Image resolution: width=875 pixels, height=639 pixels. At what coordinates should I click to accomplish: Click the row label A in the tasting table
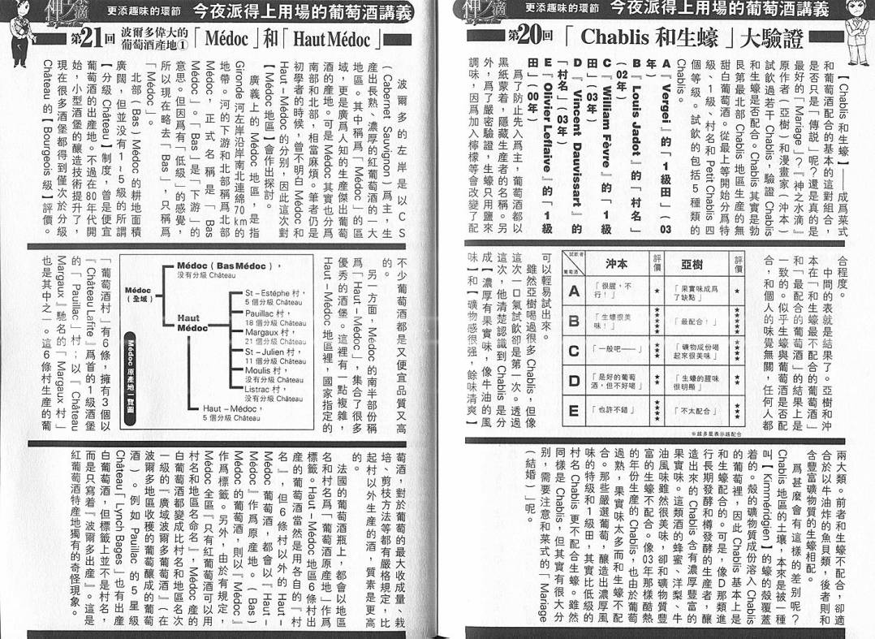pos(575,290)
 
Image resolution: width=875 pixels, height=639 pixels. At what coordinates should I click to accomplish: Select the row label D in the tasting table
pos(575,380)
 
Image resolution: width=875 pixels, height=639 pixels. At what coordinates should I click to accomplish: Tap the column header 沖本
pos(617,264)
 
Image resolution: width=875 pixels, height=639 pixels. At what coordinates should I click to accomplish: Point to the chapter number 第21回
pos(85,37)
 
